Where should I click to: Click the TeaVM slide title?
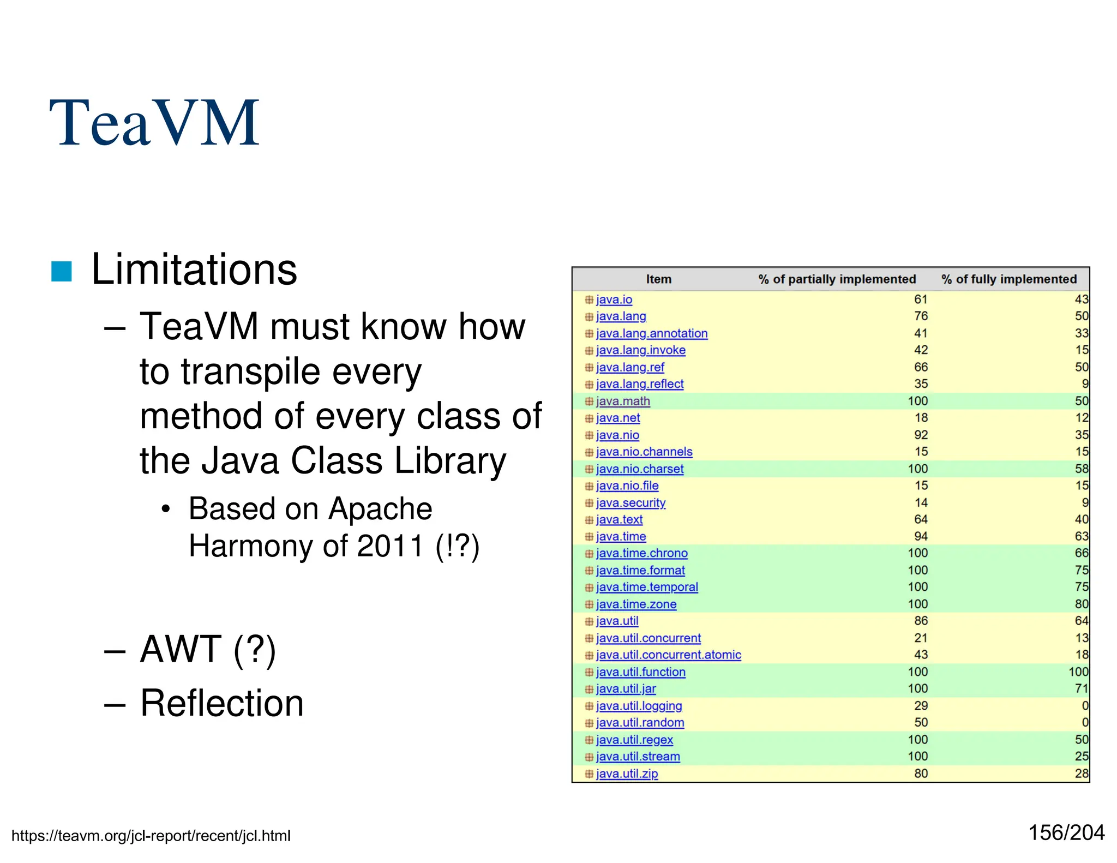(x=154, y=123)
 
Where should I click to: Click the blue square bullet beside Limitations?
(x=61, y=272)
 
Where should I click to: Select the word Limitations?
(x=194, y=269)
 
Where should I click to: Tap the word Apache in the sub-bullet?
(x=380, y=509)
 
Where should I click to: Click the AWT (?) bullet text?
(x=208, y=649)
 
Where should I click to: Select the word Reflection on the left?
(x=221, y=703)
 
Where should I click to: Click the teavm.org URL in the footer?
(x=151, y=836)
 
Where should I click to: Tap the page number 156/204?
(x=1066, y=833)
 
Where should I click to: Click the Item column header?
(x=658, y=279)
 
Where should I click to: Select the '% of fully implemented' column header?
(x=1008, y=279)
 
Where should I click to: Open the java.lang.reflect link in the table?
(x=639, y=384)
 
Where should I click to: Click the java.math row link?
(x=622, y=401)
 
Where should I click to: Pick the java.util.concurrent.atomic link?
(x=668, y=655)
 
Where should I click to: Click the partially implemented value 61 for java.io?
(x=921, y=299)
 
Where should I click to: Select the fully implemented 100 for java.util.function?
(x=1078, y=672)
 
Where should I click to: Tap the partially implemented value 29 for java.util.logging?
(x=921, y=706)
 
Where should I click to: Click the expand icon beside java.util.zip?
(x=589, y=774)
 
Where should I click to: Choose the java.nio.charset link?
(x=639, y=469)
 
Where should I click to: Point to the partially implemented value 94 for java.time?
(x=921, y=536)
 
